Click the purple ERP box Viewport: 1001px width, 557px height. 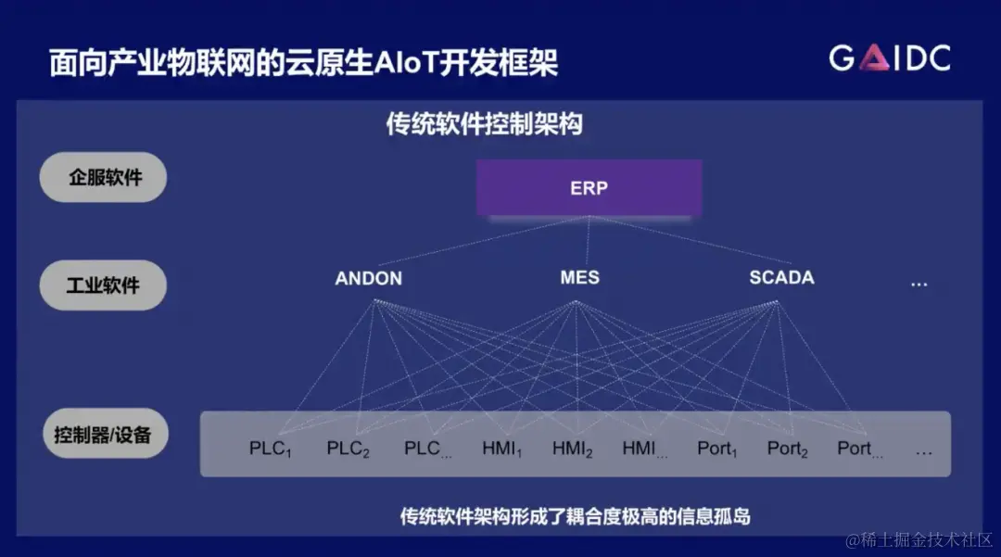tap(589, 188)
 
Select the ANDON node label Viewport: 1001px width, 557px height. tap(368, 278)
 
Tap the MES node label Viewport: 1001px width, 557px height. tap(579, 277)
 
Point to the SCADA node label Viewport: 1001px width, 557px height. tap(781, 277)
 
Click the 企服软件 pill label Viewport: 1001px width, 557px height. tap(104, 177)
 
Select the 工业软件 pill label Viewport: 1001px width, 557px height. tap(103, 285)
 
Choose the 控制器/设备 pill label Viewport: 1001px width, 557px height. tap(103, 433)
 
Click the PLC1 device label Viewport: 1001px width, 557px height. tap(271, 449)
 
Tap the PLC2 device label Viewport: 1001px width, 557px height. tap(348, 449)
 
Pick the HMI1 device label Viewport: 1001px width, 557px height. tap(501, 449)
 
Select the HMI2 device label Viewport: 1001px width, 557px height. tap(572, 449)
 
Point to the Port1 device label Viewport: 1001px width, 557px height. tap(716, 449)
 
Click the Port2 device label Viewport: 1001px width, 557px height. tap(787, 449)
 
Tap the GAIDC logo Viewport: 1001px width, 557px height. tap(889, 58)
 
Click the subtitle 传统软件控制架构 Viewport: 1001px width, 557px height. tap(484, 123)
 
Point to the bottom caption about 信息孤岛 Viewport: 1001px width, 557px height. tap(575, 516)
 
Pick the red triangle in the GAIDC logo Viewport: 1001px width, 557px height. tap(876, 58)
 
